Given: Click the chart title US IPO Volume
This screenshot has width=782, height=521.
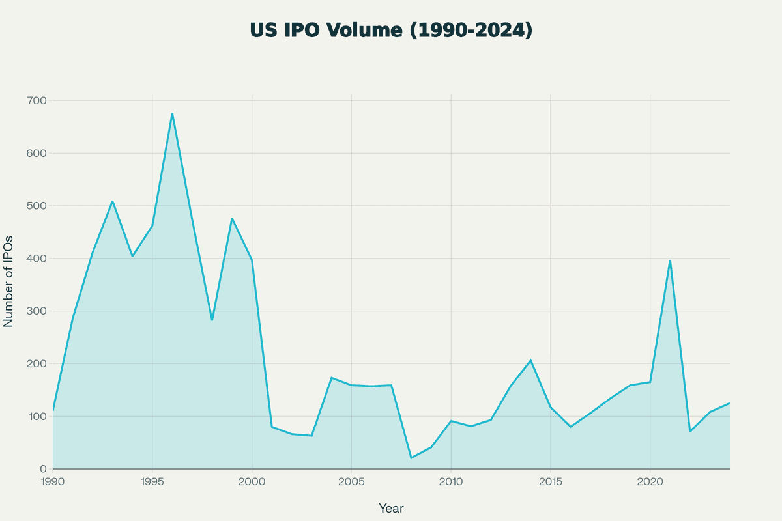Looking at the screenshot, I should click(x=391, y=30).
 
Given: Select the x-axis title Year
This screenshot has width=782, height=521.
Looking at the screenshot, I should click(x=391, y=508).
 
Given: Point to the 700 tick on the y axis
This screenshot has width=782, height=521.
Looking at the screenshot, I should click(x=36, y=101).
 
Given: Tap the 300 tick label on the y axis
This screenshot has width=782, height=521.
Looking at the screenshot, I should click(x=36, y=311).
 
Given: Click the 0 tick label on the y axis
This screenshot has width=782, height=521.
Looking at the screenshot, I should click(x=43, y=469).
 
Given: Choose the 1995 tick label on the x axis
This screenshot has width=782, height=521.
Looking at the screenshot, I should click(x=152, y=482).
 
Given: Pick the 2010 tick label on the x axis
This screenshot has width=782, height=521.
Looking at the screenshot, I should click(x=451, y=482).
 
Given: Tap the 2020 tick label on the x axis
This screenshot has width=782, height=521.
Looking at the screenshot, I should click(x=650, y=482).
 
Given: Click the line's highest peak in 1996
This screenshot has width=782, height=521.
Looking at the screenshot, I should click(x=172, y=114).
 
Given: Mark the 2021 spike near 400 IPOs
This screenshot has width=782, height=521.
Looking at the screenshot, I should click(x=670, y=260).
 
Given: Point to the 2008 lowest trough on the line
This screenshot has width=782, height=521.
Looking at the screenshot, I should click(x=411, y=458).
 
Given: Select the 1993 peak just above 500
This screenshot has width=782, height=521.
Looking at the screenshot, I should click(x=112, y=201).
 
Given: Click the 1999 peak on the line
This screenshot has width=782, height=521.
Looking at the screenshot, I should click(x=232, y=219).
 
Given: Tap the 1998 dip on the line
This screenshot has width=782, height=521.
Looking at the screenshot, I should click(x=212, y=320).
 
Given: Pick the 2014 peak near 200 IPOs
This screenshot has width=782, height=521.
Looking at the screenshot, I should click(x=530, y=360).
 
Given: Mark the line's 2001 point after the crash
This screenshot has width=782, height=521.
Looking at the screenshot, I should click(x=272, y=427).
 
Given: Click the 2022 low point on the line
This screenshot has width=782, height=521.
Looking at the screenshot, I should click(x=690, y=431).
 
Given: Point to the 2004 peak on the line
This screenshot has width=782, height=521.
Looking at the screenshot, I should click(x=332, y=378).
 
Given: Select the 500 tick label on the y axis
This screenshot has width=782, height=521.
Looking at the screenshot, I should click(x=36, y=206).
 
